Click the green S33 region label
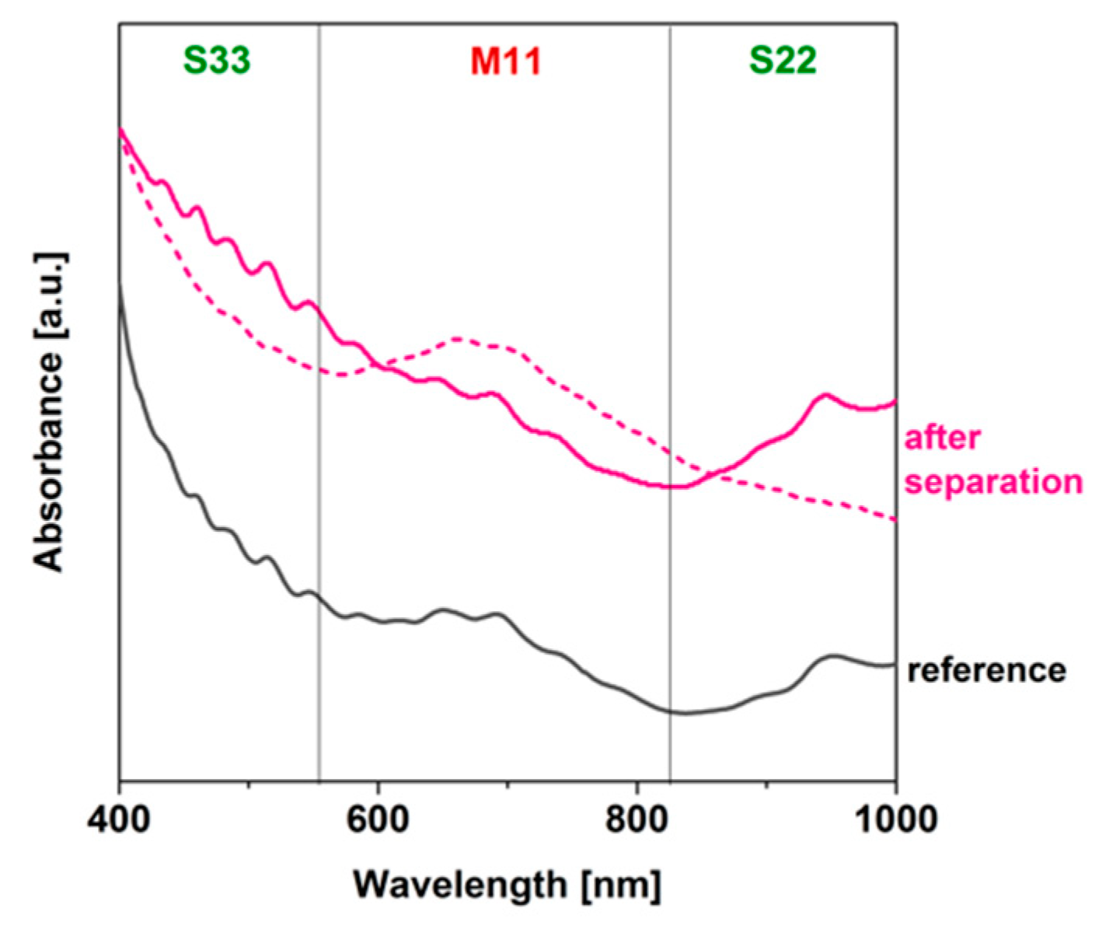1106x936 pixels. point(217,61)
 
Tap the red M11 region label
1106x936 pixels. point(505,61)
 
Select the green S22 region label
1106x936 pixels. point(783,61)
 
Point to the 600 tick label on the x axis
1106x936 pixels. point(379,820)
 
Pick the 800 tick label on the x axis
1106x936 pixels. point(637,820)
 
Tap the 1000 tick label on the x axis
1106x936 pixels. point(896,820)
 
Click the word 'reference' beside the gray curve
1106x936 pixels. point(986,669)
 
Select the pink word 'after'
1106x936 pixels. point(942,438)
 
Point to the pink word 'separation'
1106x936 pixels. point(993,481)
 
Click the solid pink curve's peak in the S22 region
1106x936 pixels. point(825,394)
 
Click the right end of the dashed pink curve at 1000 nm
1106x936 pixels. point(895,519)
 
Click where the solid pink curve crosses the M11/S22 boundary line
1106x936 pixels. point(670,487)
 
